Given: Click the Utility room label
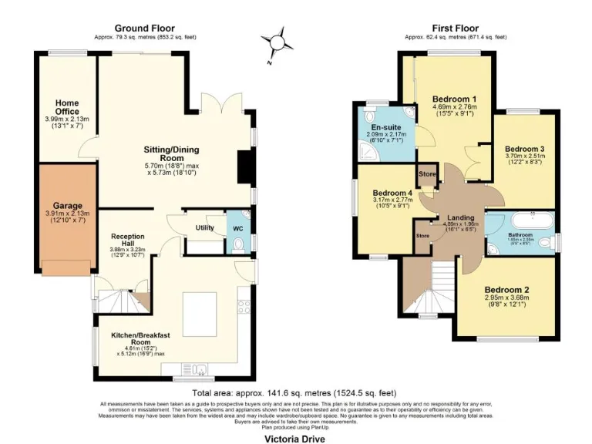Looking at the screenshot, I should (204, 228).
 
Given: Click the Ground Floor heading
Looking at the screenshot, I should (144, 28).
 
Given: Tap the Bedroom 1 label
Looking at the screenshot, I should (454, 99).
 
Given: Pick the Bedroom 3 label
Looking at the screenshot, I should (525, 149).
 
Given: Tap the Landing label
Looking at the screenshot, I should (460, 218).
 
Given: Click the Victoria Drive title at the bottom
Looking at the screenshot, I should (294, 439).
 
